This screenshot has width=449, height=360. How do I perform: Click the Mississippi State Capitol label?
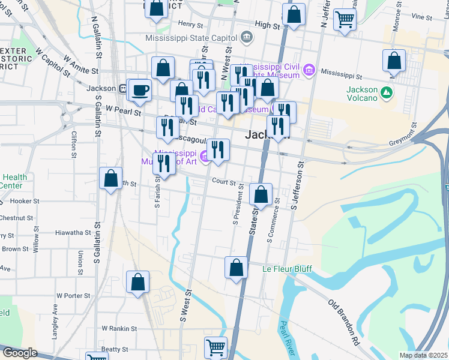coord(191,37)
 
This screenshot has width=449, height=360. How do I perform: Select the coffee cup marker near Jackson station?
coord(140,89)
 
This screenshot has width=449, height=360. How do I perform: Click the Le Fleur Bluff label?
coord(287,269)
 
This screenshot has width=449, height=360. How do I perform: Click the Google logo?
coord(19,353)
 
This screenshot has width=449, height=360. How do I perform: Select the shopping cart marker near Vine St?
coord(345,19)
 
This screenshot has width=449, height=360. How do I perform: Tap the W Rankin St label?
coord(119,328)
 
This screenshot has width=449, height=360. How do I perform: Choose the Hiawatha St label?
coord(72,232)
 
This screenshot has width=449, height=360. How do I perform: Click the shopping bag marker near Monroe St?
coord(393,61)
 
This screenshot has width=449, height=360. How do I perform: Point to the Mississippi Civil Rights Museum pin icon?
coord(310,71)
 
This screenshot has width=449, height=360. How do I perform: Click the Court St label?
coord(221,181)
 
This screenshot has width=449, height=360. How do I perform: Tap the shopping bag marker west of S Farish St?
coord(111,178)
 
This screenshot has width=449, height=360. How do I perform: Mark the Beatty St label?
coord(115,349)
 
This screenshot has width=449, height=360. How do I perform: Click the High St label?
coord(268,26)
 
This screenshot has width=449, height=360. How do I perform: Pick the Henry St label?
coord(191,24)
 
